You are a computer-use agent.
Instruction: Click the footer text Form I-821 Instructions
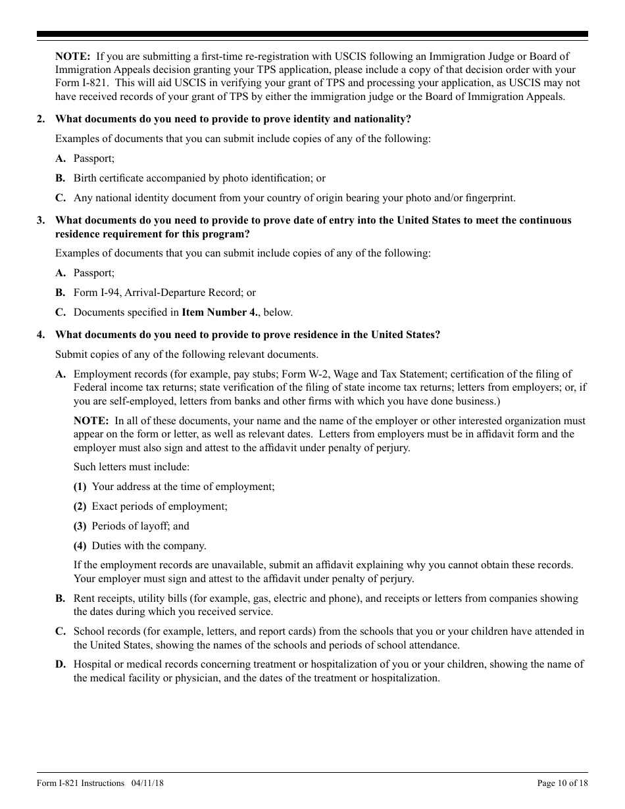click(80, 783)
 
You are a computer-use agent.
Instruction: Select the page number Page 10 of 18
click(562, 783)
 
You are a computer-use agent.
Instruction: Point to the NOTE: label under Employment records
click(91, 421)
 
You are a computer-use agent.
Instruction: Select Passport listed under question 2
click(93, 159)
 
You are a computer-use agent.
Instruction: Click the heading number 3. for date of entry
click(41, 220)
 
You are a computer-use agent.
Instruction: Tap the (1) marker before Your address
click(80, 487)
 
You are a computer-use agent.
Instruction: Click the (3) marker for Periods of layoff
click(80, 526)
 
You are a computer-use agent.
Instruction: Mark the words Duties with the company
click(149, 546)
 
